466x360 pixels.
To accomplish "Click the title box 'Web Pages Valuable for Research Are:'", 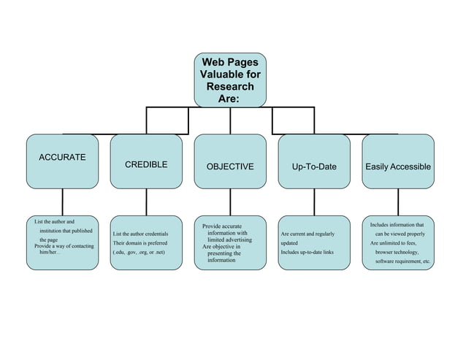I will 230,80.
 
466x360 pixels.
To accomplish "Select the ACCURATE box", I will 62,161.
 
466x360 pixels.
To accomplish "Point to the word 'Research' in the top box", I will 230,87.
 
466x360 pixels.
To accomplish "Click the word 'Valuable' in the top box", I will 230,75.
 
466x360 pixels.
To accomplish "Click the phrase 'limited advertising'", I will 229,240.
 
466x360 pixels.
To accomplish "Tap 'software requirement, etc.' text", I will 402,261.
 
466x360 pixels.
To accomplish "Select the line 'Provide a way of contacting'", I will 64,246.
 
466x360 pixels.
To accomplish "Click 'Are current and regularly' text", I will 308,234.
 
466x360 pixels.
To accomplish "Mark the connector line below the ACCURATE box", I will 62,202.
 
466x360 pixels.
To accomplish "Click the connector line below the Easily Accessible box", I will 398,202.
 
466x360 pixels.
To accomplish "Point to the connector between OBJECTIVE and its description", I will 230,202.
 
